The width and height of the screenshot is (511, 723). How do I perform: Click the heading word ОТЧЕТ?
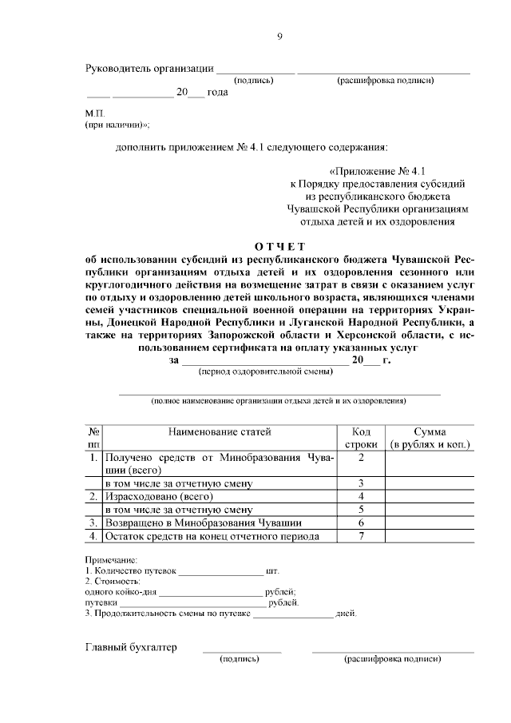[279, 246]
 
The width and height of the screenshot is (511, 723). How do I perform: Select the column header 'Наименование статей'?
[220, 431]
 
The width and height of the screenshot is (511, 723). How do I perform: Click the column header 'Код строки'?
[361, 438]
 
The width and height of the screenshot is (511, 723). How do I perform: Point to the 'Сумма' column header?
[429, 431]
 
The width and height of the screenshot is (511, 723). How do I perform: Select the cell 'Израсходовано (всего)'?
[151, 496]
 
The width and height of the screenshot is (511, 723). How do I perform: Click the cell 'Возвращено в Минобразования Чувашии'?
[202, 522]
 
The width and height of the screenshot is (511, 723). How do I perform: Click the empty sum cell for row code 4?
[429, 496]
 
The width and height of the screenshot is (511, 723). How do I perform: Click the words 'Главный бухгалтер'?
[131, 647]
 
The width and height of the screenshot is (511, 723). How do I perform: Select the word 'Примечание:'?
[111, 561]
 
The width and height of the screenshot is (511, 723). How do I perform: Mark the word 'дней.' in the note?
[347, 614]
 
